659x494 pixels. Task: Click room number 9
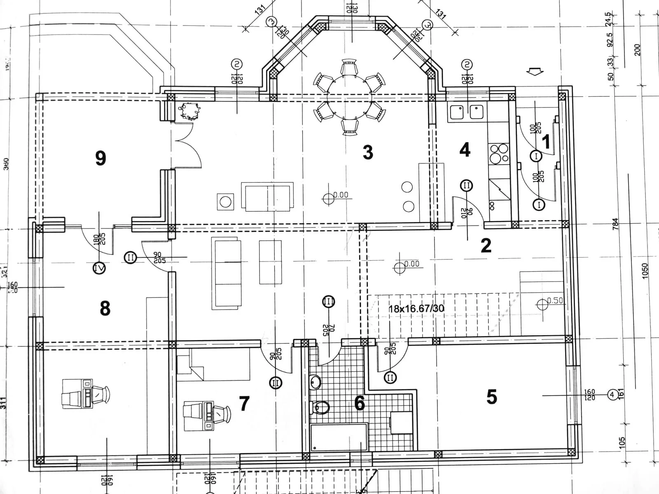point(100,158)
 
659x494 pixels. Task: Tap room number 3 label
point(368,152)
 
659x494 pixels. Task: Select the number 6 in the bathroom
point(360,403)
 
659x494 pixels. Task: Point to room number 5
point(491,397)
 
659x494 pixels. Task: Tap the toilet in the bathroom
point(320,408)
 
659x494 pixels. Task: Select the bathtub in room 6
point(339,444)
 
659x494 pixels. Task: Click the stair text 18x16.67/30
point(416,308)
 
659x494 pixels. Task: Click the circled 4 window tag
point(612,395)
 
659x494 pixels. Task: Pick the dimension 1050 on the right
point(645,271)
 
